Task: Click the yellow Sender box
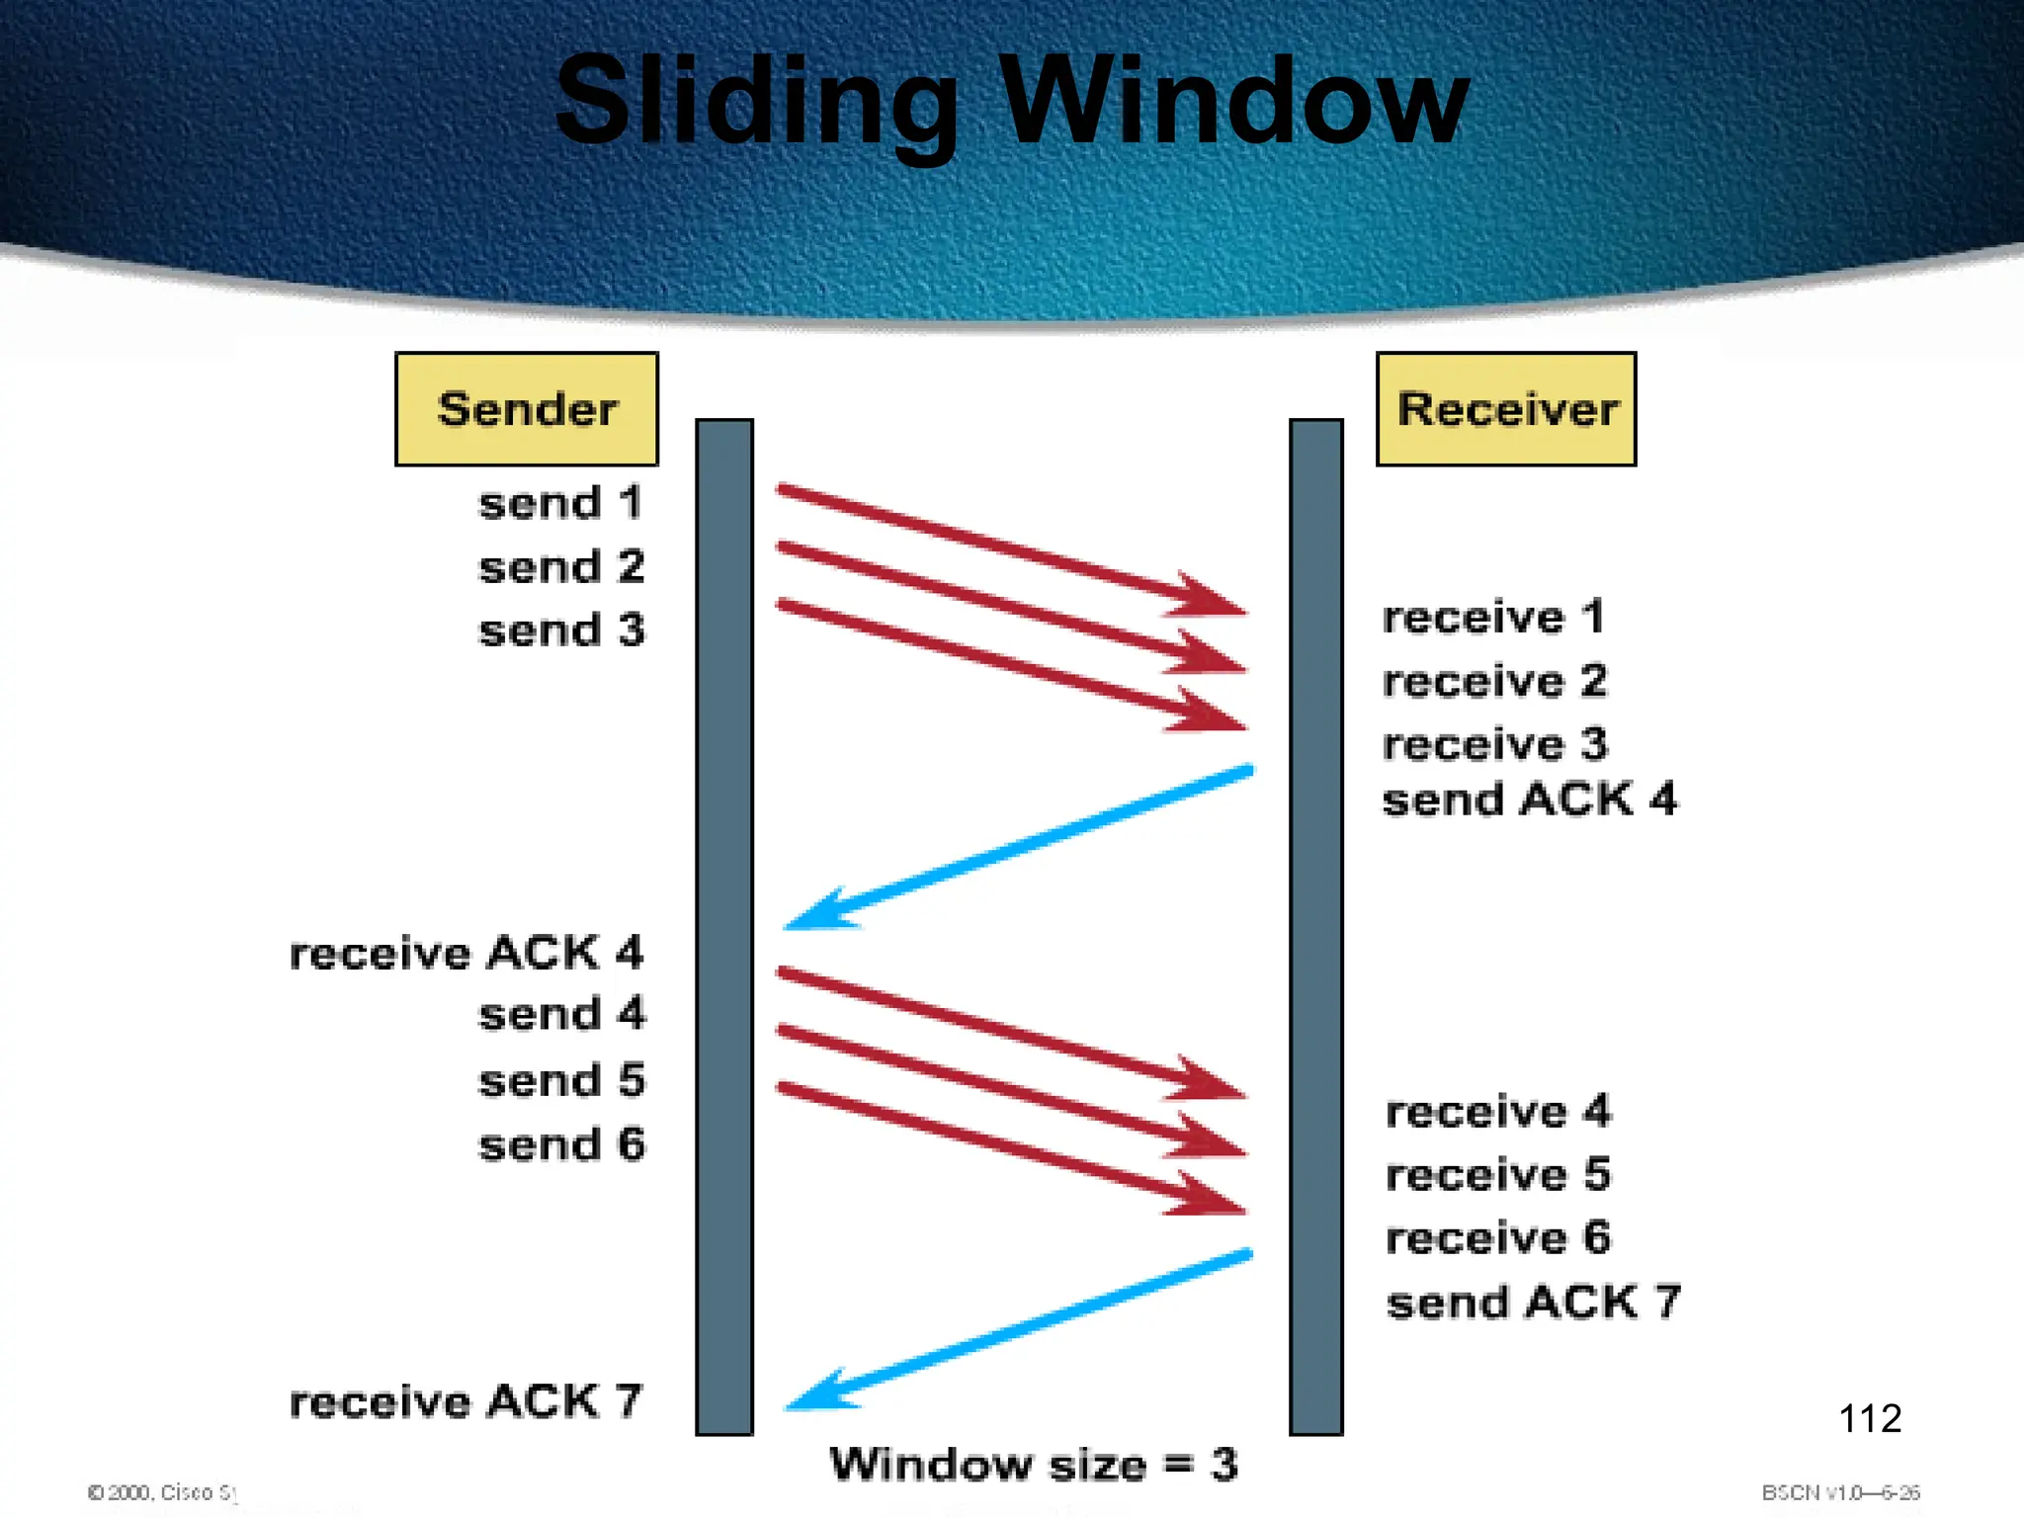tap(527, 409)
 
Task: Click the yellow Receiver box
tap(1506, 409)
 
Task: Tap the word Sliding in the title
tap(756, 104)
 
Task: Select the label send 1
tap(560, 503)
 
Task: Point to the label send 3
tap(560, 631)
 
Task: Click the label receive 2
tap(1494, 681)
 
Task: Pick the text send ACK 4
tap(1529, 800)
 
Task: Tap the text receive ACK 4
tap(465, 954)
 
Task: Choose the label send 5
tap(560, 1080)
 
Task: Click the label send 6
tap(560, 1144)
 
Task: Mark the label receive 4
tap(1497, 1112)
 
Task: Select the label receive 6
tap(1497, 1238)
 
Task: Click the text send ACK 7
tap(1532, 1303)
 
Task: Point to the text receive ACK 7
tap(465, 1401)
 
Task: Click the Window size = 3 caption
tap(1033, 1464)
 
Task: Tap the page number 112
tap(1869, 1418)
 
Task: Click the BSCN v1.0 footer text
tap(1839, 1492)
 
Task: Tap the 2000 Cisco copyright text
tap(162, 1492)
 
